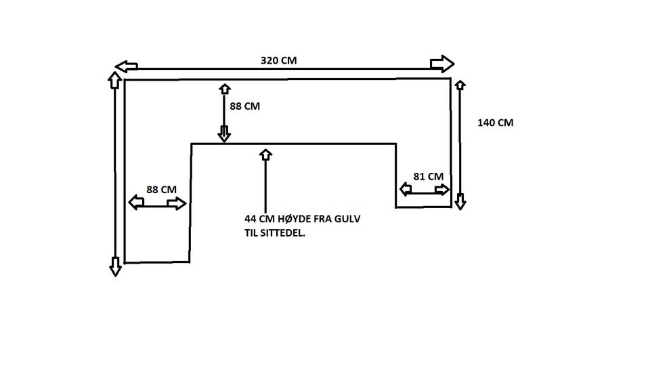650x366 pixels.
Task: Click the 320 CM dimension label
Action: coord(279,60)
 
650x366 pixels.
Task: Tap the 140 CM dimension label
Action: coord(495,123)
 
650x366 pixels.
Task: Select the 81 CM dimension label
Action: coord(428,176)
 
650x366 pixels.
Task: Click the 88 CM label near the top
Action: coord(244,106)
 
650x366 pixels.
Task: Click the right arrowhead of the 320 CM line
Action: coord(442,64)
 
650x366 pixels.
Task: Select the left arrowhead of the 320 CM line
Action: coord(126,66)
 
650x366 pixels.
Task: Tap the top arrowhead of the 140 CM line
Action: coord(460,85)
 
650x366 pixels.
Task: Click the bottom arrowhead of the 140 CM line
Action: coord(460,201)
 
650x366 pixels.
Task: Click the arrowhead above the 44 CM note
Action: coord(265,154)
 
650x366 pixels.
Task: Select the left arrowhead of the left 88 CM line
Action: coord(136,203)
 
